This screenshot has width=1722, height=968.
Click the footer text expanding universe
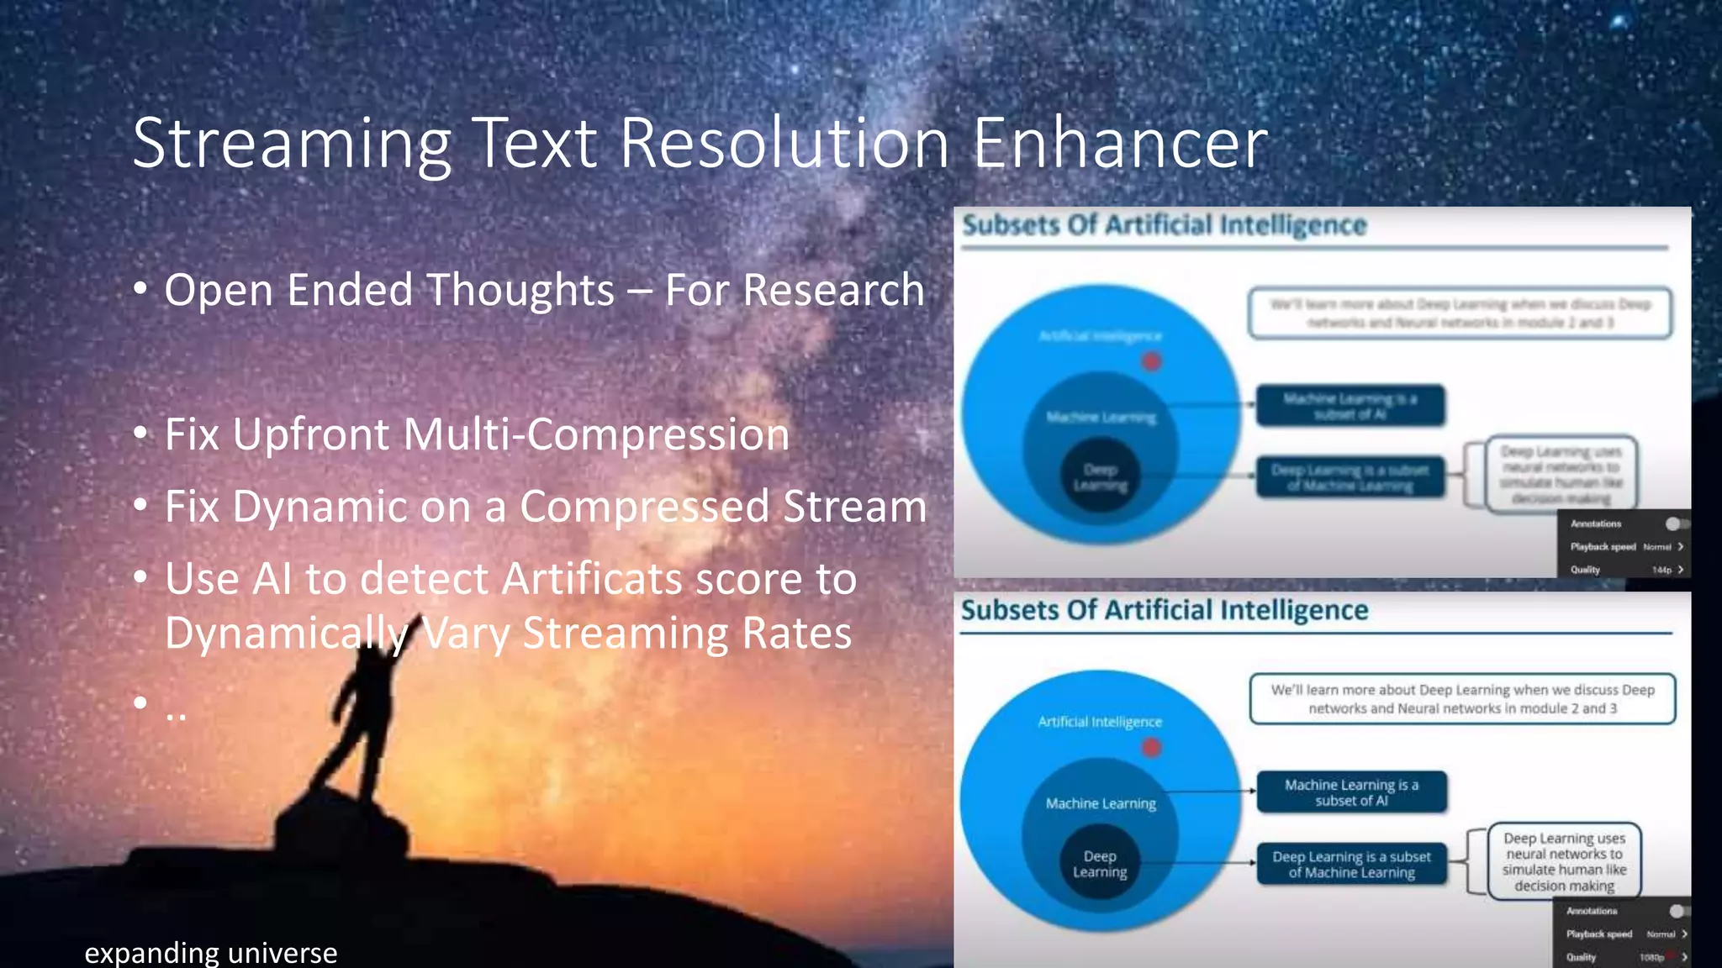click(211, 952)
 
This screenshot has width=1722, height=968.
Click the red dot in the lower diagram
click(1151, 747)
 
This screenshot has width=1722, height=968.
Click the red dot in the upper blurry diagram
click(1151, 361)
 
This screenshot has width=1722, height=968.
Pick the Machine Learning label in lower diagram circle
click(1101, 803)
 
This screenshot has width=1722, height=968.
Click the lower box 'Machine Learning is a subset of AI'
click(1351, 792)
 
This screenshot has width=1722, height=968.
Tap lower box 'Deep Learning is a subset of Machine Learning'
click(1351, 864)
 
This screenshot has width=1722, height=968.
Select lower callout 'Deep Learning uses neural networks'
click(1564, 861)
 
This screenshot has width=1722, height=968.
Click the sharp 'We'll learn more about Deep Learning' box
click(1462, 698)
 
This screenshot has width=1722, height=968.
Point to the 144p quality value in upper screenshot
click(1661, 570)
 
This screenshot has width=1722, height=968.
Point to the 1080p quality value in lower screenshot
click(1651, 957)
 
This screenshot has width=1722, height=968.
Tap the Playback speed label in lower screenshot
click(1598, 934)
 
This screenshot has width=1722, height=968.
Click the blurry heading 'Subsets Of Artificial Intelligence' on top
click(1165, 225)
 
